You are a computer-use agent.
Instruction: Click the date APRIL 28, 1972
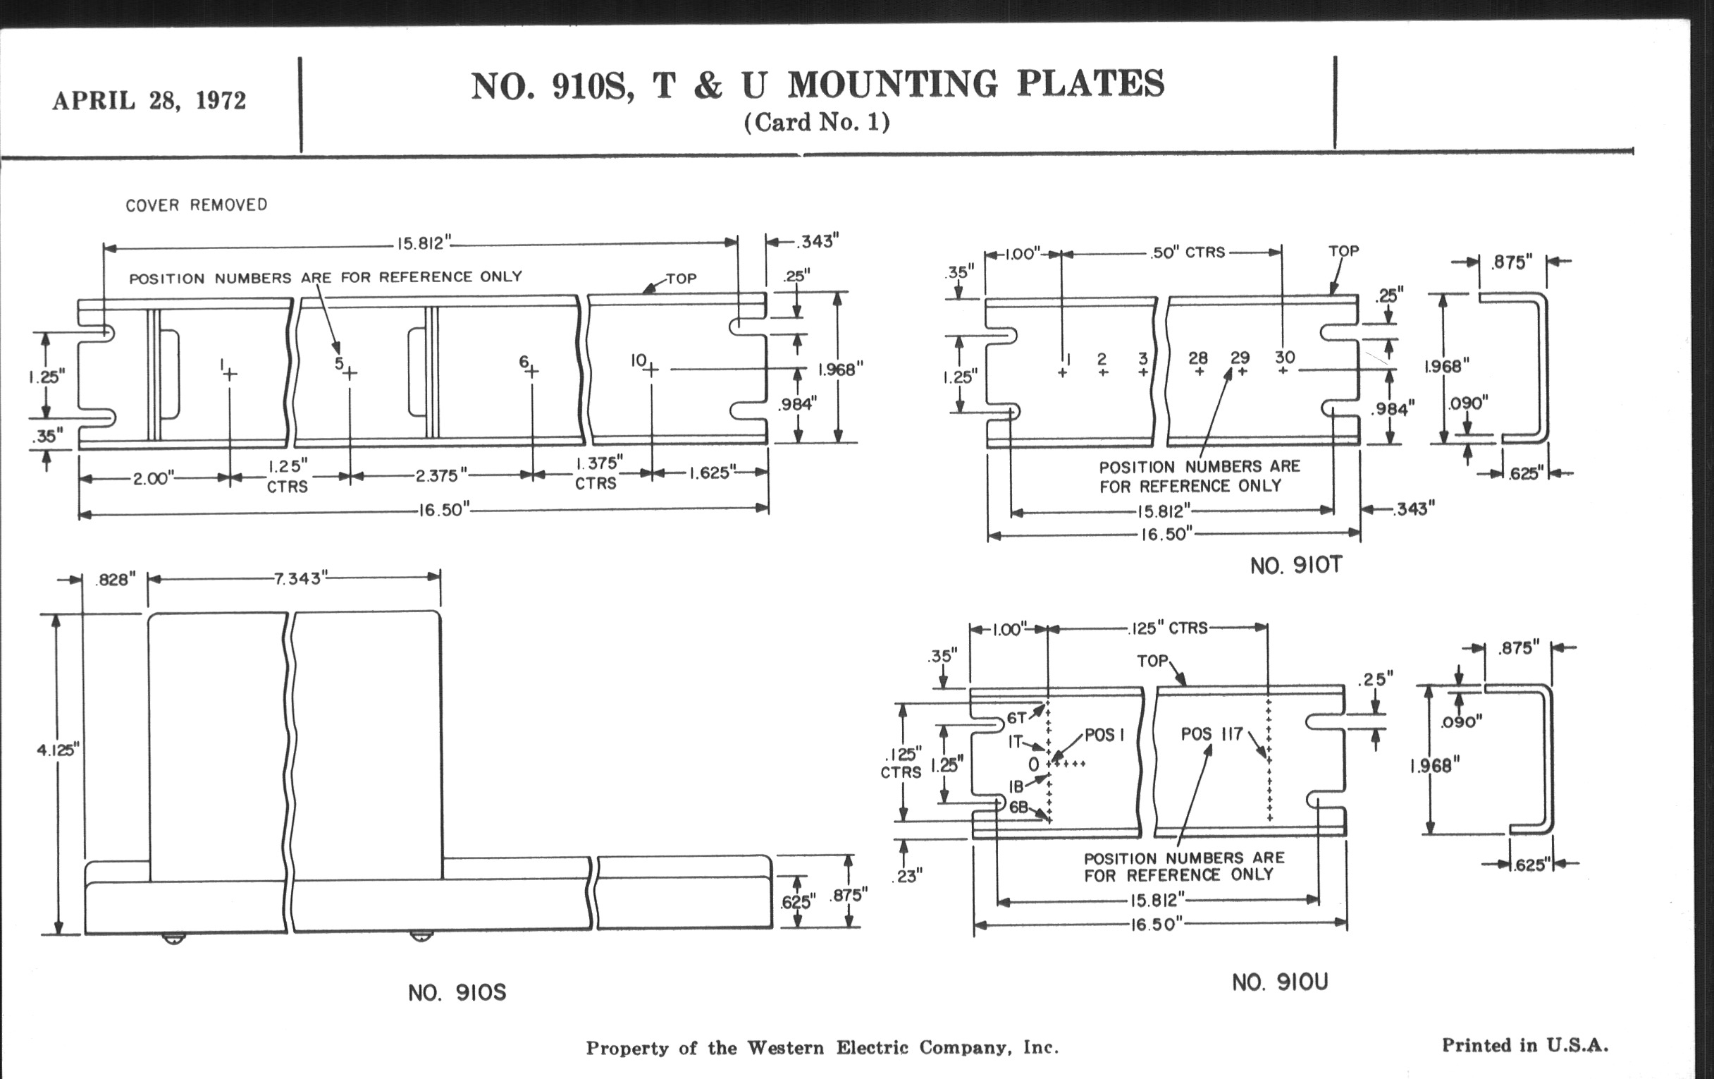(149, 100)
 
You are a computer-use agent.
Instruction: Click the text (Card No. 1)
(816, 123)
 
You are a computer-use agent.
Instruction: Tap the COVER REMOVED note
(197, 205)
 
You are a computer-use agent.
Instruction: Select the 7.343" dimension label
(298, 578)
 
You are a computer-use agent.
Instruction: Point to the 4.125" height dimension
(58, 749)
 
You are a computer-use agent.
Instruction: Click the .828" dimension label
(115, 580)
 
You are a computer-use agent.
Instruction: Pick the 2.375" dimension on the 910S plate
(441, 475)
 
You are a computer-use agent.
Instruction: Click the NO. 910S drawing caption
(457, 993)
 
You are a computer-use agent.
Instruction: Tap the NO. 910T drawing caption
(1295, 566)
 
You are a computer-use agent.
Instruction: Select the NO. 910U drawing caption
(1280, 982)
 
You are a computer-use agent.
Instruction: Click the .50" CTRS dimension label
(1188, 253)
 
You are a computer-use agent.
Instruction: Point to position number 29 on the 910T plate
(1240, 358)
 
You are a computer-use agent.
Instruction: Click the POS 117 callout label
(1211, 733)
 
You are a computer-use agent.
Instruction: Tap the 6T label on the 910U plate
(1016, 719)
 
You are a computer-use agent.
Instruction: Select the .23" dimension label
(906, 876)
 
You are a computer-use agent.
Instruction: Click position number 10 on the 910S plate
(638, 361)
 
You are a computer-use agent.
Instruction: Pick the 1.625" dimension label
(711, 473)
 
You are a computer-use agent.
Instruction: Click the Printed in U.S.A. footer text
(1524, 1046)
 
